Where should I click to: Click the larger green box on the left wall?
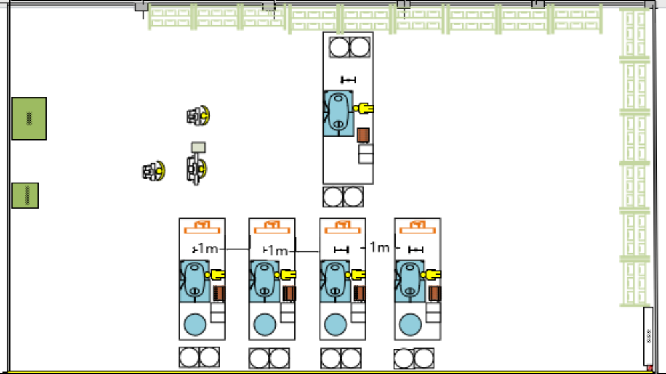29,119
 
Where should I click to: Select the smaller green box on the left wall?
25,195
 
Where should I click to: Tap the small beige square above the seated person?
198,147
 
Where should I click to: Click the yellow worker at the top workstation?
364,108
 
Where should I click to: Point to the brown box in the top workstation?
363,135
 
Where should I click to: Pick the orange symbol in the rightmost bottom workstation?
417,227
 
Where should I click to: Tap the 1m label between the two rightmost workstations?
380,247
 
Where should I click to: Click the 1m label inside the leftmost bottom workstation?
207,249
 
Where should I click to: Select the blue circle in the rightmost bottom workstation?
410,325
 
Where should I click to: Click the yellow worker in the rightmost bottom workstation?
433,273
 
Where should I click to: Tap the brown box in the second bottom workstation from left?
289,293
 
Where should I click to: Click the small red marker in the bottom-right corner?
649,367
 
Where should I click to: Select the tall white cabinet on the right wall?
648,336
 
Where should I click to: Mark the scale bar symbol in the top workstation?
348,80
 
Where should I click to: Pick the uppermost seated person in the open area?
198,116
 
